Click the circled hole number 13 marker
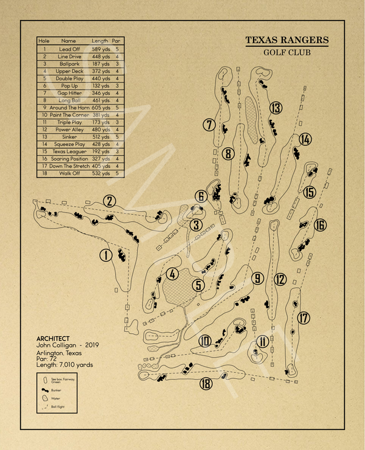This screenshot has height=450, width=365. (x=276, y=108)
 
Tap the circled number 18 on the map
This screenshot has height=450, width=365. (x=206, y=383)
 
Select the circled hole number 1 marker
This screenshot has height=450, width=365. (x=106, y=255)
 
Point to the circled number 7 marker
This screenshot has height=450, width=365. (x=209, y=125)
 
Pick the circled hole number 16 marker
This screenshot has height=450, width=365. (x=320, y=226)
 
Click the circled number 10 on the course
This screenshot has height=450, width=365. (x=205, y=341)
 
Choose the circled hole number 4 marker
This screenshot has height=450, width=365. (x=173, y=274)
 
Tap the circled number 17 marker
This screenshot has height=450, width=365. (x=304, y=317)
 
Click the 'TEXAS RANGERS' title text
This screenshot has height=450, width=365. (x=287, y=41)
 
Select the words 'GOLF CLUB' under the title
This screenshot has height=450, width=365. (x=287, y=52)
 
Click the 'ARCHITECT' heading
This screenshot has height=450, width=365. (x=53, y=339)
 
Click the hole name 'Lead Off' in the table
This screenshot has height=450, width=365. (x=69, y=49)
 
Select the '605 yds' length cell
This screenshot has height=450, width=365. (x=100, y=108)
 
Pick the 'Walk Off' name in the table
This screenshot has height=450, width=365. (x=69, y=173)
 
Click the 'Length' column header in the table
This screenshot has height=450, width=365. (x=100, y=41)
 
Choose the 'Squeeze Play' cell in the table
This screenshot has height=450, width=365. (x=69, y=144)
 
